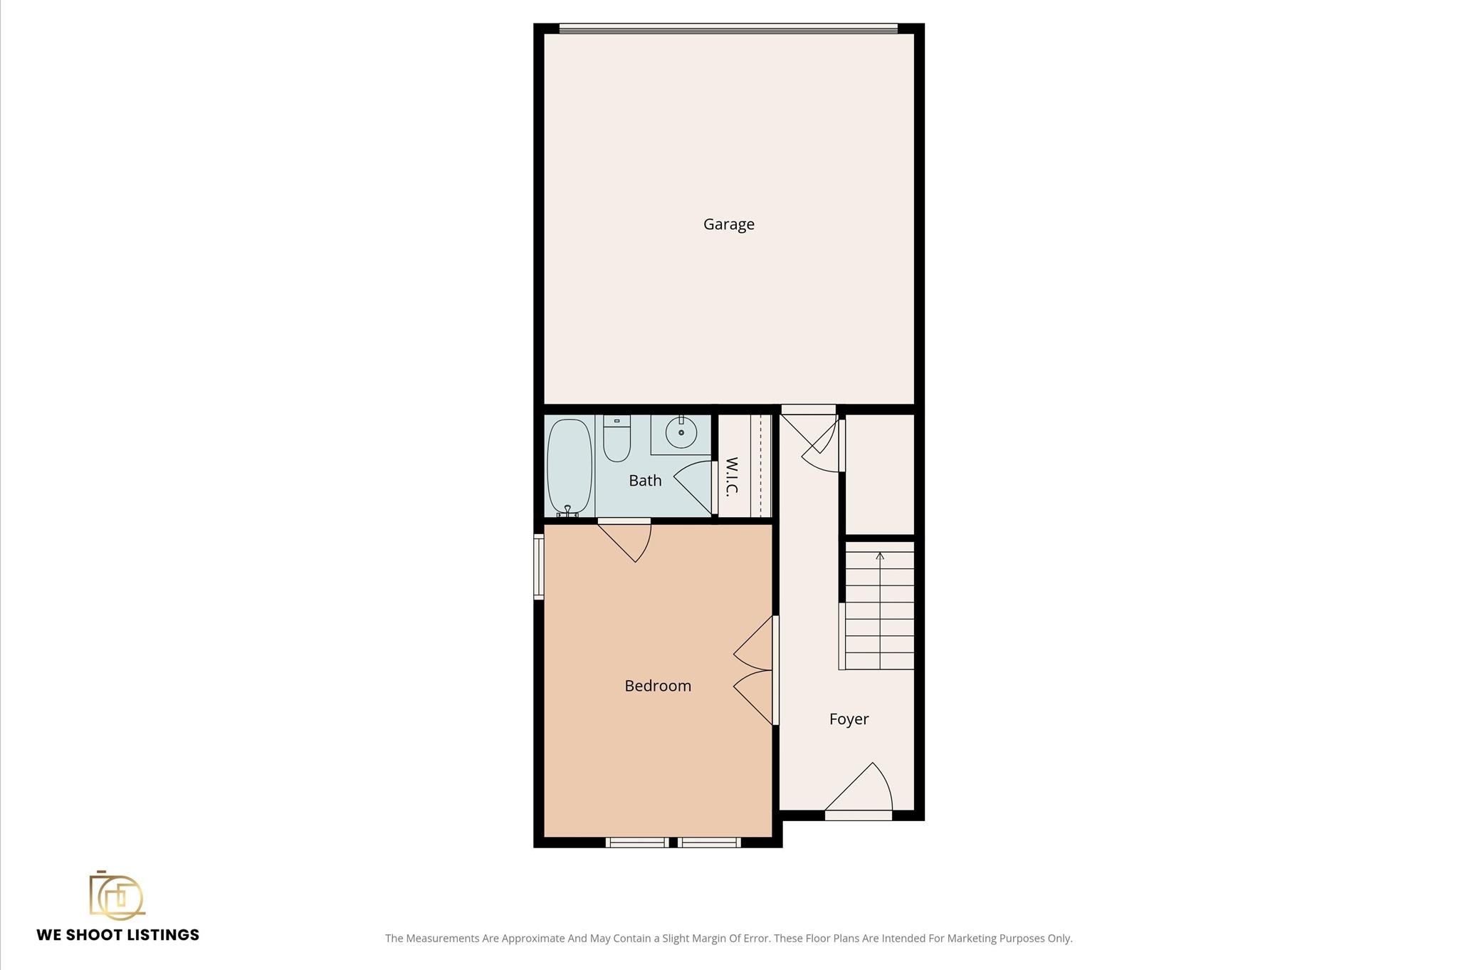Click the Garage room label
click(x=728, y=224)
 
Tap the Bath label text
click(x=645, y=481)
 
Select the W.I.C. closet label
click(x=732, y=476)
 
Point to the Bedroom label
click(x=658, y=686)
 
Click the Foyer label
click(x=849, y=719)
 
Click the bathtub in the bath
click(x=570, y=466)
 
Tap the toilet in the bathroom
click(x=617, y=438)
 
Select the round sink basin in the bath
click(x=681, y=432)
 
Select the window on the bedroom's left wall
click(x=539, y=567)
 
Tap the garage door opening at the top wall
click(x=728, y=28)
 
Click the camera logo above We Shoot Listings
click(x=117, y=894)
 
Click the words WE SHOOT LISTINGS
click(x=118, y=935)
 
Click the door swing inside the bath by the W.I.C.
click(x=693, y=488)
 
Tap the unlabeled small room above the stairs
click(x=879, y=474)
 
